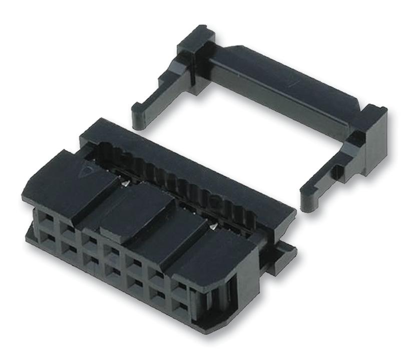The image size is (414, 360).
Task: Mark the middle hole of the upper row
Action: coord(112,250)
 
